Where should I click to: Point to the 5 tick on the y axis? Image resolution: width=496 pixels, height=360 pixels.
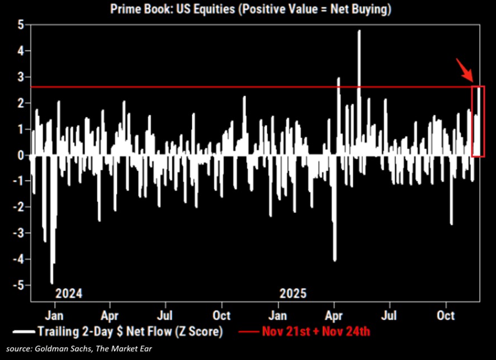[21, 25]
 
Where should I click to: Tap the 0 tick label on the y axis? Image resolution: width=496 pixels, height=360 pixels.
[21, 155]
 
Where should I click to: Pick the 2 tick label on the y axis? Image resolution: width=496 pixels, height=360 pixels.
[21, 103]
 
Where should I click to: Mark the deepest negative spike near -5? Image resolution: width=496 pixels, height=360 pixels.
[52, 282]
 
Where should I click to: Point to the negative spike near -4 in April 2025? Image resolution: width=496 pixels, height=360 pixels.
[334, 259]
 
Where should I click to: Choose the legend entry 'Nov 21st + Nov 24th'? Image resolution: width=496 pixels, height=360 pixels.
[316, 331]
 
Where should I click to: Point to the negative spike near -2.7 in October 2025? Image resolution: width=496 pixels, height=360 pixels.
[451, 224]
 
